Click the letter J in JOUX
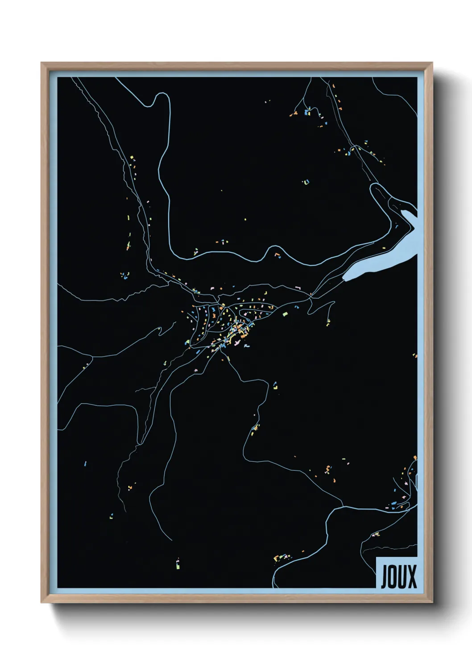point(384,577)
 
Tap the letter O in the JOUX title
point(392,577)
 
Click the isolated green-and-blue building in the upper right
point(306,182)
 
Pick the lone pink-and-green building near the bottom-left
point(178,564)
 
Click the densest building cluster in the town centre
point(236,330)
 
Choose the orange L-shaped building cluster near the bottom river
point(280,557)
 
